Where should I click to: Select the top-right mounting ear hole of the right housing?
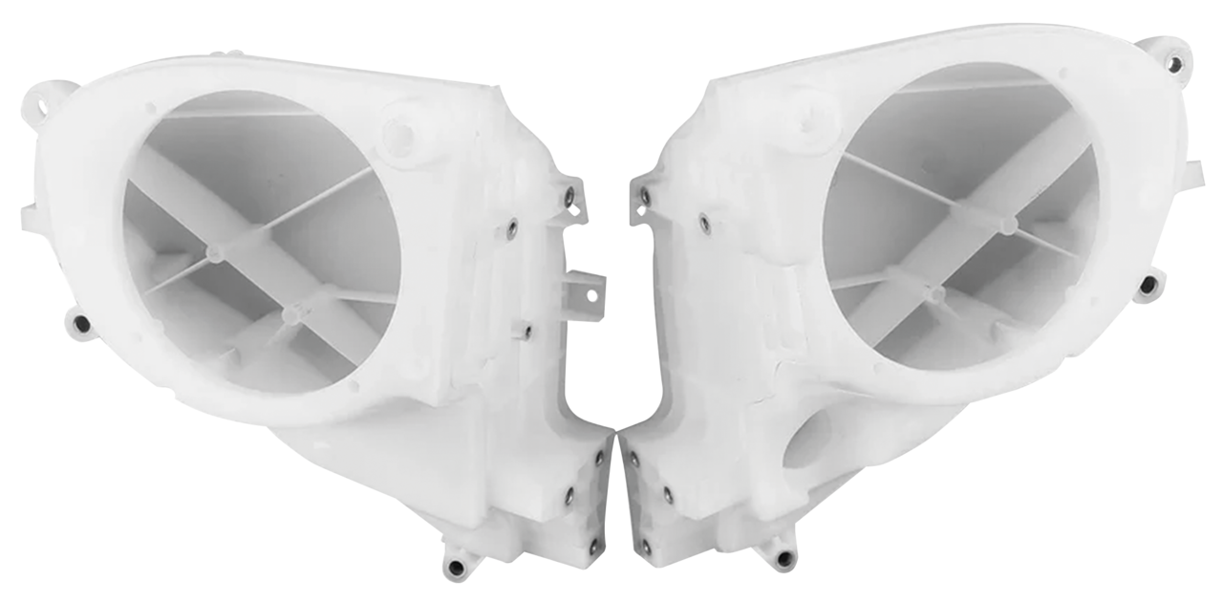pos(1175,66)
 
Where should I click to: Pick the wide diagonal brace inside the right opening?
pos(965,258)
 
